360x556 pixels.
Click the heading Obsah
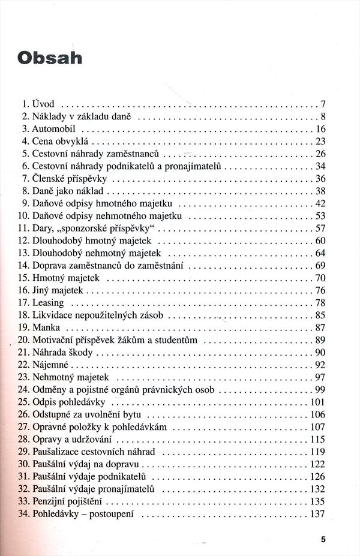50,58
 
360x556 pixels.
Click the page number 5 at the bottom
323,539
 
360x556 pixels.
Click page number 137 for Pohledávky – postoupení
317,514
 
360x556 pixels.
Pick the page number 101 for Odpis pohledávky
317,402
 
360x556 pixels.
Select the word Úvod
43,104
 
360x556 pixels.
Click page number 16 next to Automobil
320,129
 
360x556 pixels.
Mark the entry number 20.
23,340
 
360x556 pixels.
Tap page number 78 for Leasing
320,303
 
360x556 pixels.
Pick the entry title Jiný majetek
59,290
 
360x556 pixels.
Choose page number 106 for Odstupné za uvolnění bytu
317,414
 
